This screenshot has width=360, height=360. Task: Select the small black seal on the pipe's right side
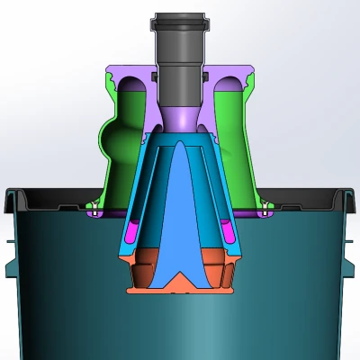(x=211, y=76)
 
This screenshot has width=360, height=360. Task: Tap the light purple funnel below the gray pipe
(x=184, y=118)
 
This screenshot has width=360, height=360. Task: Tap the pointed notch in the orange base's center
(x=184, y=281)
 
